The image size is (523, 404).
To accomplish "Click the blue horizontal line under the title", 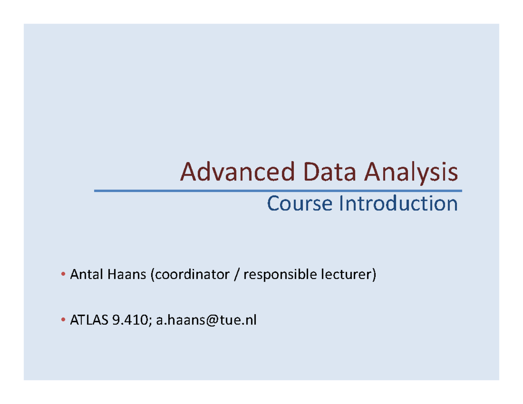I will pos(278,191).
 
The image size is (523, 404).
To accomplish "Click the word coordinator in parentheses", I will pos(190,275).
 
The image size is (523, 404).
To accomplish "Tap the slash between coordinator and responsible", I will pos(236,275).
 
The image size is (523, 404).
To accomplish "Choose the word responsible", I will pos(278,275).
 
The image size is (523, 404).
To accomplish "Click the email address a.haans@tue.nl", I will pos(207,321).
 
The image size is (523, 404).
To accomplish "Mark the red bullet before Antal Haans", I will pos(64,275).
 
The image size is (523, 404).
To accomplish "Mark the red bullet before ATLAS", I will pos(64,322).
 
